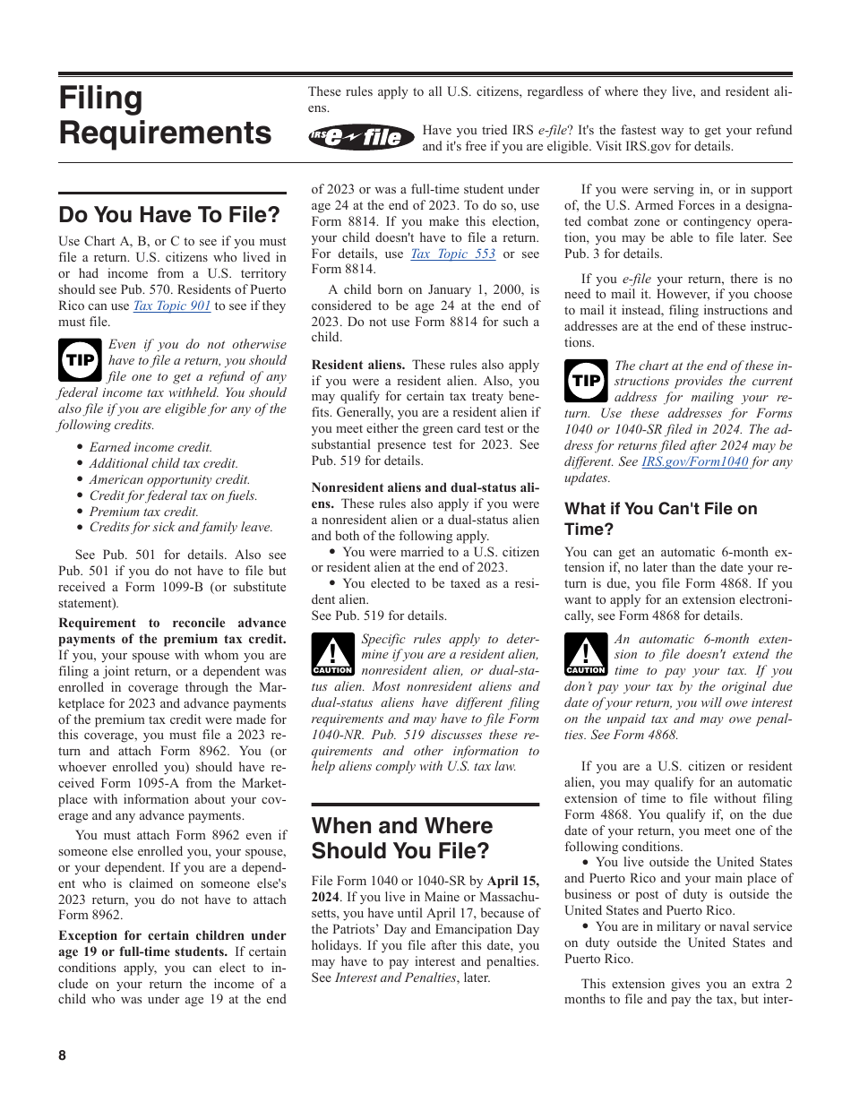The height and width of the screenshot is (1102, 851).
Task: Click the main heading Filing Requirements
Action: (x=165, y=116)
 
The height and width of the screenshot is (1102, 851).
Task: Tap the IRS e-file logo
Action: (x=362, y=137)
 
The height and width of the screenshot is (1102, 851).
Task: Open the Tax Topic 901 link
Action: (x=172, y=306)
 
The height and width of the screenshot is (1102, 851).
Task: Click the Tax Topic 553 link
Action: (x=452, y=254)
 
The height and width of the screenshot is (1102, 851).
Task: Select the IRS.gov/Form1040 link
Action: (x=694, y=462)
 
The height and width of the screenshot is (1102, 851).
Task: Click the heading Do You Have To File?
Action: (x=169, y=215)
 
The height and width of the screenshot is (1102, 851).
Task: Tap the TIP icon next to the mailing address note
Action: (x=586, y=380)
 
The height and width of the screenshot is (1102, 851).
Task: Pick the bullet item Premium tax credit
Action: (x=143, y=512)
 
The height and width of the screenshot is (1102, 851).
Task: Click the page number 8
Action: (x=63, y=1055)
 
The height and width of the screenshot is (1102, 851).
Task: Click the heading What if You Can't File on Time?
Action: (x=660, y=519)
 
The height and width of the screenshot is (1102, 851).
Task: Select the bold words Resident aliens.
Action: (x=357, y=365)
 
